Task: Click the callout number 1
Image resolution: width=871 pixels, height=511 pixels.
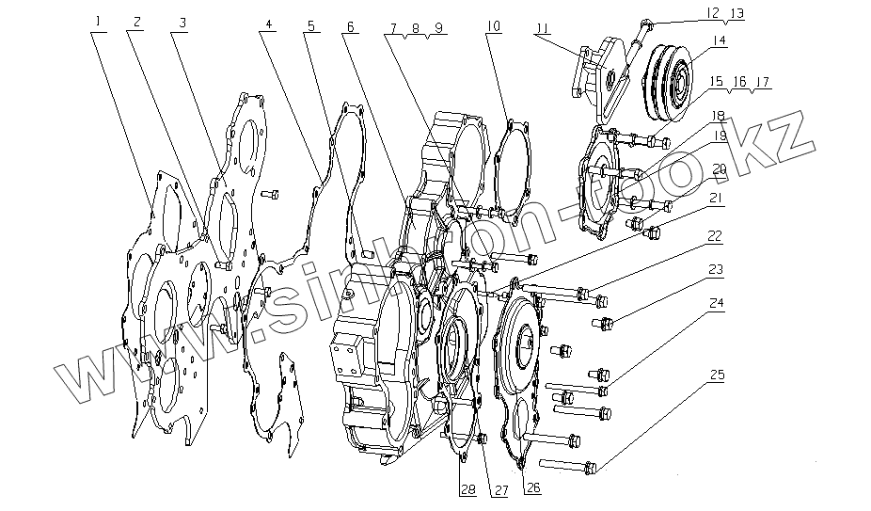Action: point(97,20)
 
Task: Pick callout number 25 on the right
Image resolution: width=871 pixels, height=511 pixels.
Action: point(718,375)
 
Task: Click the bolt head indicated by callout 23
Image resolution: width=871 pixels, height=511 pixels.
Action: point(603,325)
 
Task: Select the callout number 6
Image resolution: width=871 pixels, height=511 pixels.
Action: point(350,26)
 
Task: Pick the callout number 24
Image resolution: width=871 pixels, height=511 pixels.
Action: point(718,304)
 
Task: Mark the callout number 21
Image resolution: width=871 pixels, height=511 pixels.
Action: point(718,198)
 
